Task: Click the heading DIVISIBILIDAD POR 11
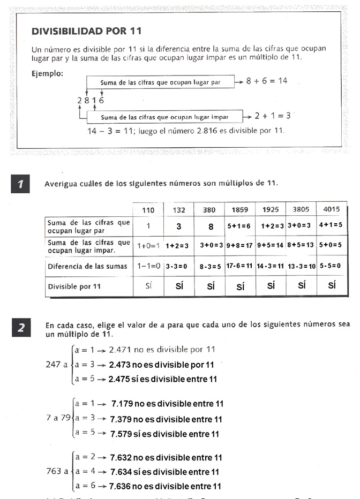click(x=87, y=31)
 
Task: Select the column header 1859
click(x=240, y=210)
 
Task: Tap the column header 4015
click(x=332, y=209)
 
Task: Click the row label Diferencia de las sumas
click(x=88, y=266)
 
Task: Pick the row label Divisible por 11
click(x=74, y=286)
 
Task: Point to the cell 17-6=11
click(x=240, y=266)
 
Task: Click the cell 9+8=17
click(x=240, y=246)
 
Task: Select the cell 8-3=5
click(x=211, y=266)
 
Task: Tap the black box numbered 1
click(x=20, y=185)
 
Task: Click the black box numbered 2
click(x=20, y=327)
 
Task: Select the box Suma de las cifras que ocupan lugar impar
click(x=165, y=117)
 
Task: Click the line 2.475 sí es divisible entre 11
click(x=163, y=379)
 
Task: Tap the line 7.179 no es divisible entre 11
click(x=167, y=404)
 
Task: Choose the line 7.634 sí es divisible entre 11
click(x=164, y=472)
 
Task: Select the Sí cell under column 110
click(x=149, y=286)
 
